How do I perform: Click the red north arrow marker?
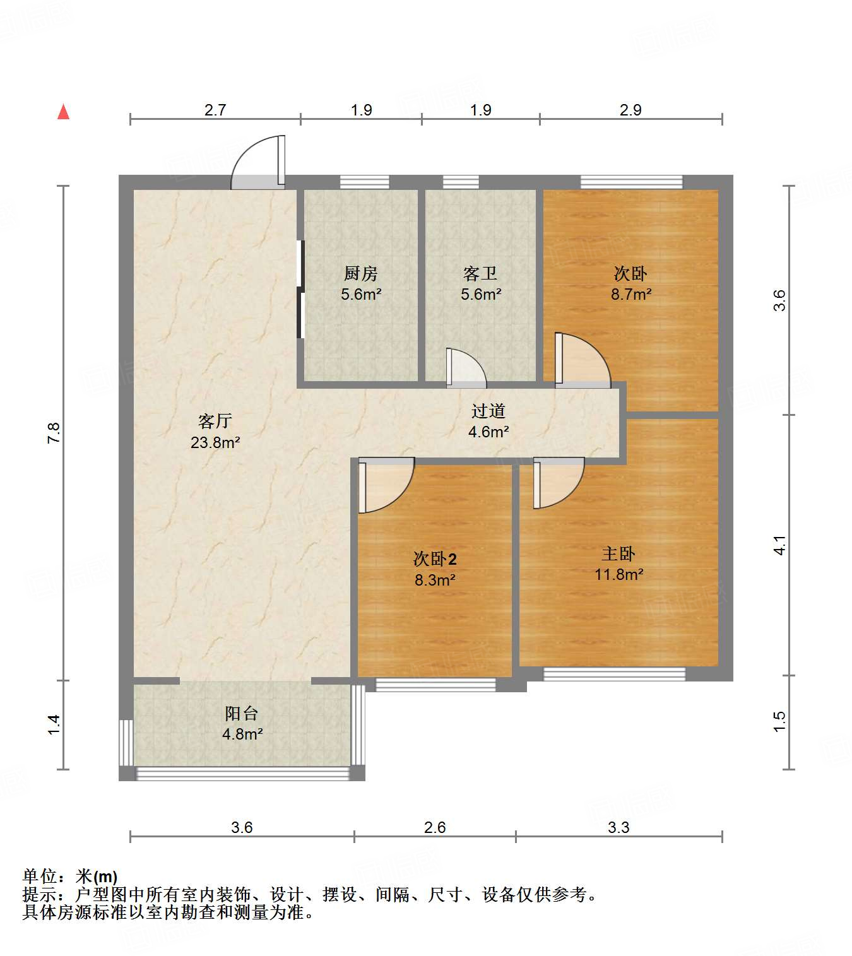coord(63,112)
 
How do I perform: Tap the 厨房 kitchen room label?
coord(360,273)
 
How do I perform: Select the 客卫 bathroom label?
coord(480,273)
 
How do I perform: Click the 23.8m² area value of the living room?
coord(215,442)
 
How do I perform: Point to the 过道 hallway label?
coord(488,411)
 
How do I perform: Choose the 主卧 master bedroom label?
coord(618,554)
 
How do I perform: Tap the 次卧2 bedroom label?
coord(434,559)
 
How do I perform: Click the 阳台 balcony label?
coord(242,713)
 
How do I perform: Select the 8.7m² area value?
coord(630,294)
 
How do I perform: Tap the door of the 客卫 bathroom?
coord(466,369)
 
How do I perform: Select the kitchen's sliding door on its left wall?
coord(300,289)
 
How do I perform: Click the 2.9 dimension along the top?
coord(630,110)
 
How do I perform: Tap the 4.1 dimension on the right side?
coord(780,545)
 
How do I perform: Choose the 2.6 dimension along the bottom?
coord(434,827)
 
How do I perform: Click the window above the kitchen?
coord(364,182)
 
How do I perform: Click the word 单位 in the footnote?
coord(39,876)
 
